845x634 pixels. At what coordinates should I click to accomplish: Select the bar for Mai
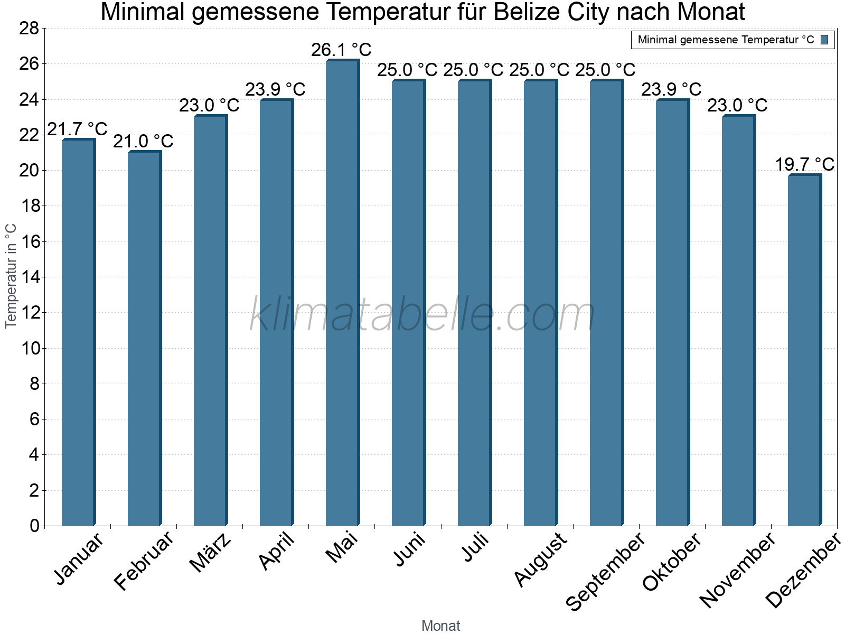point(342,293)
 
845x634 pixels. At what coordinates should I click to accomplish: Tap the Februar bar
point(144,339)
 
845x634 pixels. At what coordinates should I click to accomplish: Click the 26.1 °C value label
point(341,50)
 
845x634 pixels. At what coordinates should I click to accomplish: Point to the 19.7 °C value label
point(804,164)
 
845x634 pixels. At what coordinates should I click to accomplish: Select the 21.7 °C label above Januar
point(78,128)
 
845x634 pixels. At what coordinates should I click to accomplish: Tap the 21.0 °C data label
point(143,141)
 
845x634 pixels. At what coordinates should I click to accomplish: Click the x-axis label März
point(211,552)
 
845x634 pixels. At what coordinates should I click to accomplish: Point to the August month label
point(540,560)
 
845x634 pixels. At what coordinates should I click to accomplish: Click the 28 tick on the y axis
point(30,29)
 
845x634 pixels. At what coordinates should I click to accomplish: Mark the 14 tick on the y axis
point(30,277)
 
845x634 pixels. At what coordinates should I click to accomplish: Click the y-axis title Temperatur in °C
point(11,276)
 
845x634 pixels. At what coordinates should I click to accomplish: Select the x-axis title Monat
point(441,626)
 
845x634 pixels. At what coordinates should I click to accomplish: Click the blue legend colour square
point(825,40)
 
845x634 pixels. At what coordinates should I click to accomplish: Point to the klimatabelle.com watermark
point(422,314)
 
